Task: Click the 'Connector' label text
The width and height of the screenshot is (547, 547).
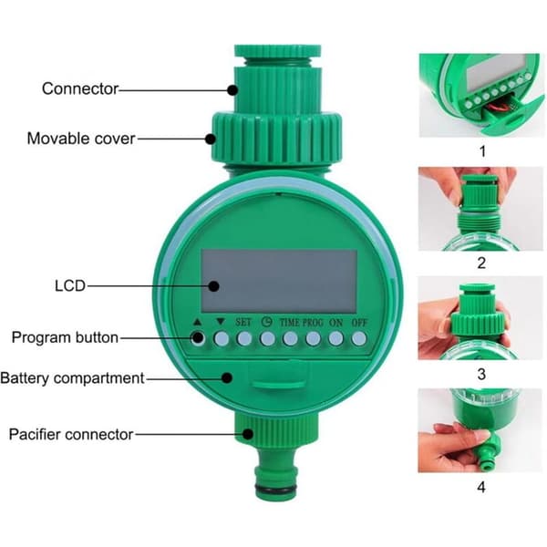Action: pos(80,88)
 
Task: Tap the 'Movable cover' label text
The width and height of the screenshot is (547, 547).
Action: pos(81,139)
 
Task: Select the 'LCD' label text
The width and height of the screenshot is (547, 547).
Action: pos(70,285)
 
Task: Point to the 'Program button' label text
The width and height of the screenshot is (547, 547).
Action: pos(65,337)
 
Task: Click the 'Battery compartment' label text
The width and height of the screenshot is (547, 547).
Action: pos(72,378)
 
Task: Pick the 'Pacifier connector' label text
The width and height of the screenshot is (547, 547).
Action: pos(71,435)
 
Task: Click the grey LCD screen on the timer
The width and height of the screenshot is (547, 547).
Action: pos(279,281)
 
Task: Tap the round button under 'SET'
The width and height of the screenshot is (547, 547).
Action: pos(243,338)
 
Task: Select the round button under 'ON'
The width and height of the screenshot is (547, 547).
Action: pos(335,338)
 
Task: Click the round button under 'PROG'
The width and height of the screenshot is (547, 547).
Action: pos(313,338)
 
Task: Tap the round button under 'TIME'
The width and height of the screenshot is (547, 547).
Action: pos(290,338)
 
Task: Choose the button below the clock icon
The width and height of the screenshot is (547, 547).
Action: pos(267,338)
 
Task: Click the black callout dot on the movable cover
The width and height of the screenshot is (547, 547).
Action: pos(210,139)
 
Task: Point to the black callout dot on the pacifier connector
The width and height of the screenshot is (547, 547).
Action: pos(248,434)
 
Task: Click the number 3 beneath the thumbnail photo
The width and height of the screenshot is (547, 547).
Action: pos(481,375)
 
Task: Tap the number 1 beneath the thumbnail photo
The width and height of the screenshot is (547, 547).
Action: pos(482,151)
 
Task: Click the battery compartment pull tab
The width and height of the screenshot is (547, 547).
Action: pos(279,384)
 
